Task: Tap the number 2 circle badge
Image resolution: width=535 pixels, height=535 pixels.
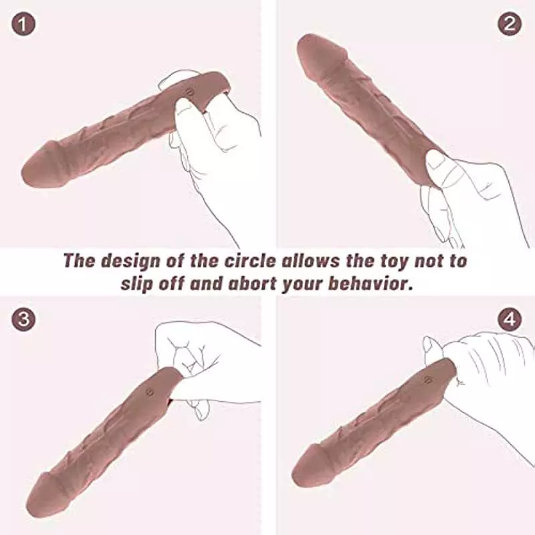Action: coord(510,24)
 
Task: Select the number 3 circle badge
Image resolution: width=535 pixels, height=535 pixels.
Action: coord(24,319)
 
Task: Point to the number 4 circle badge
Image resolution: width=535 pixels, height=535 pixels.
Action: coord(510,319)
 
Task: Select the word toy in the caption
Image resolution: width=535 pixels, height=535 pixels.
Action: coord(398,261)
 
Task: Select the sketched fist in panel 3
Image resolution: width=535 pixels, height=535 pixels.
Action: coord(201,361)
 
